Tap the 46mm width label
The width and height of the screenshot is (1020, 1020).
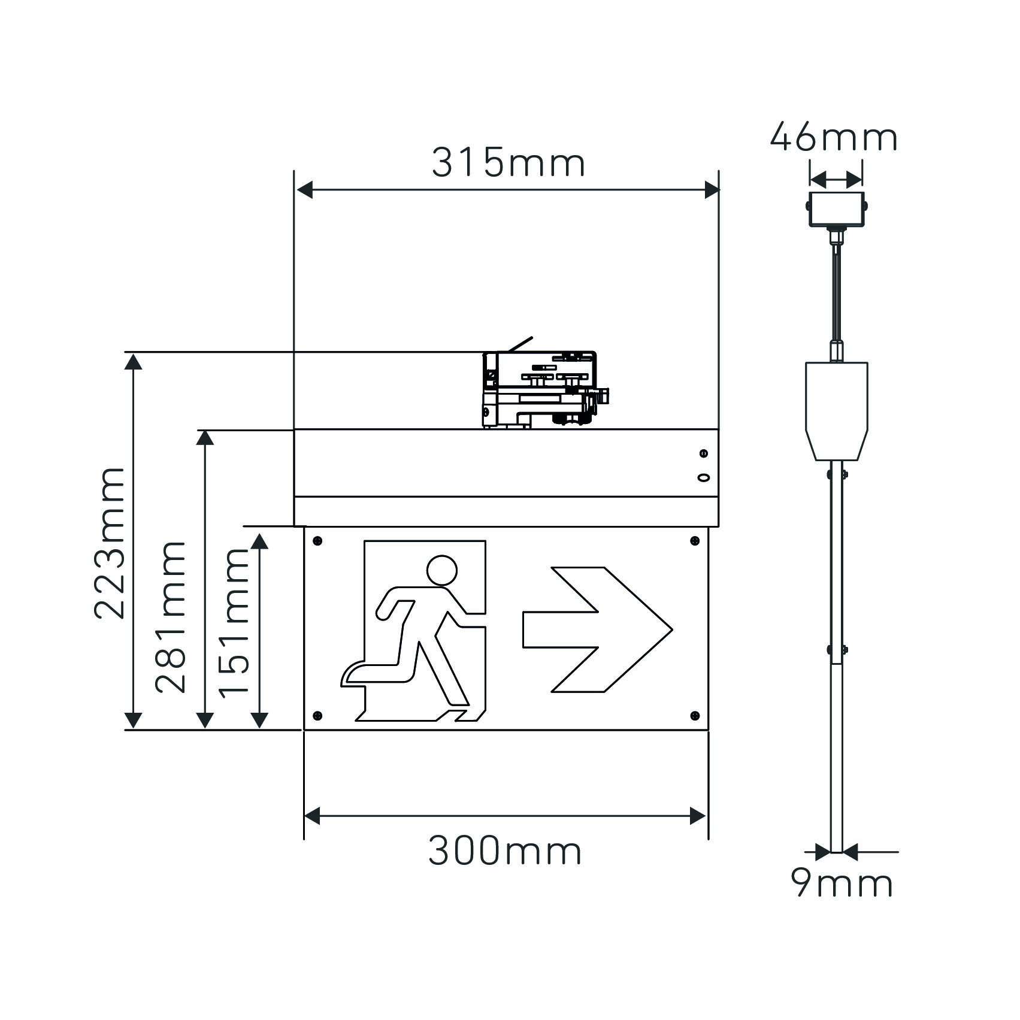[x=834, y=137]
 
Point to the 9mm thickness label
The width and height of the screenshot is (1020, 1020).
[x=842, y=883]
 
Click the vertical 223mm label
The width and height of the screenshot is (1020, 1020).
[x=110, y=543]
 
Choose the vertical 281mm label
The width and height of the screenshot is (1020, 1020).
[x=171, y=616]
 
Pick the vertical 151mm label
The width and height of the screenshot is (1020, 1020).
[x=234, y=623]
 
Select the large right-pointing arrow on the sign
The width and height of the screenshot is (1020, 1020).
[x=598, y=629]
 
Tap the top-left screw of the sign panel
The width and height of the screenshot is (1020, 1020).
[x=317, y=541]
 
